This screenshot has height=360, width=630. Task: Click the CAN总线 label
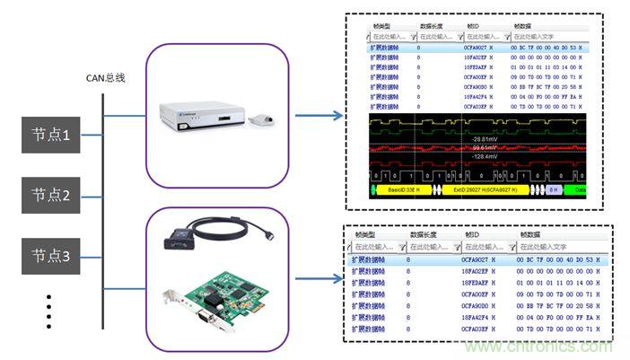coord(105,78)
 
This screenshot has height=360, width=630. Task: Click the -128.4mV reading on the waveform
coord(486,157)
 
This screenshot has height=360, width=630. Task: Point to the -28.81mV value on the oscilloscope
coord(486,138)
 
